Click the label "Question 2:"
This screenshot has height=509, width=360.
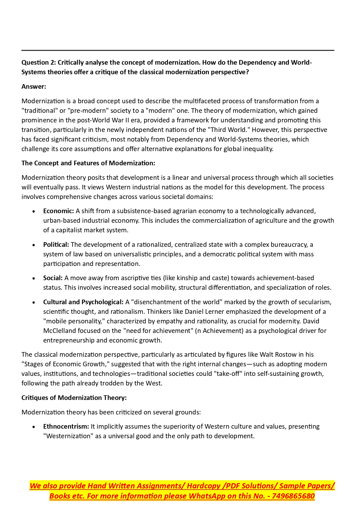tap(39, 63)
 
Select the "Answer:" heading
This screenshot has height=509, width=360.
tap(34, 87)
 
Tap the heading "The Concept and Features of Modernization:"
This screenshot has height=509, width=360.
tap(88, 163)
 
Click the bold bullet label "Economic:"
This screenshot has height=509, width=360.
tap(59, 211)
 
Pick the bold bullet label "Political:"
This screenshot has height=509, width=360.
tap(56, 245)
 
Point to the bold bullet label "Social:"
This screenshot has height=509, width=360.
tap(53, 278)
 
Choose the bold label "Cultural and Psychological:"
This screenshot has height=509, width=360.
tap(83, 302)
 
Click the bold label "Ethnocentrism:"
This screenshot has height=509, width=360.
tap(66, 427)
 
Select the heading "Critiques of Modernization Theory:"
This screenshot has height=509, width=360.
tap(74, 398)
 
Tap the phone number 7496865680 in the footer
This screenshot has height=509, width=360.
tap(293, 496)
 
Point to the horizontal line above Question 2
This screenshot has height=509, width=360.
tap(178, 50)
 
